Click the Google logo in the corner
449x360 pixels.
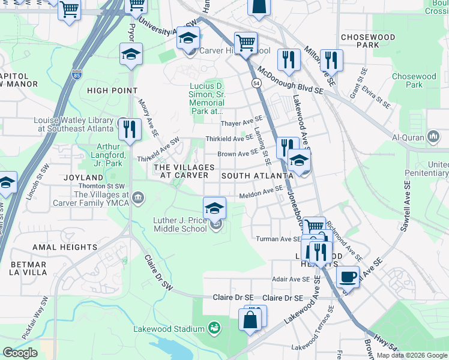(x=20, y=353)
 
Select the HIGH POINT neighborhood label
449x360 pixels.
(x=112, y=91)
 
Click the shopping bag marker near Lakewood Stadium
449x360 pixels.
(x=250, y=320)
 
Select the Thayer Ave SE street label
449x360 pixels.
(x=242, y=123)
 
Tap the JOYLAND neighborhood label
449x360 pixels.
(x=84, y=178)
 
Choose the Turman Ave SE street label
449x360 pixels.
(x=278, y=239)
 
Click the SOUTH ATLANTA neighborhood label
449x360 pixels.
(x=257, y=176)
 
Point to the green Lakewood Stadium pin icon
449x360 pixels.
(x=214, y=328)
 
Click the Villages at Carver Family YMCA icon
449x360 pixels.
(x=138, y=197)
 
